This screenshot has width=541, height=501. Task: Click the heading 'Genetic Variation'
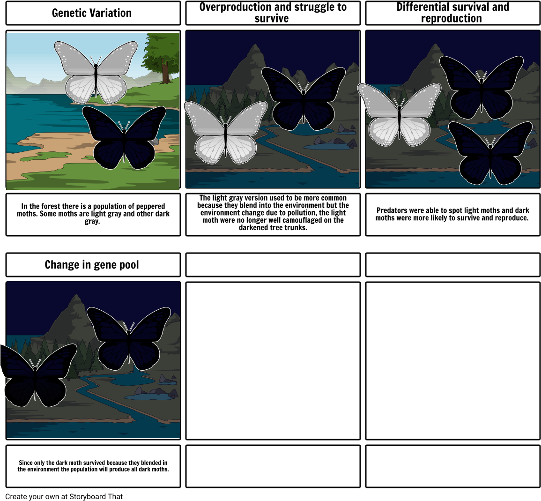click(92, 13)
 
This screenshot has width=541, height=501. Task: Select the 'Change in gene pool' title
click(92, 265)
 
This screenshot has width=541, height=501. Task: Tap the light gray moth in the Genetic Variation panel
click(96, 72)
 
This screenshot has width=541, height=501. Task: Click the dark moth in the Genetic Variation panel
click(124, 137)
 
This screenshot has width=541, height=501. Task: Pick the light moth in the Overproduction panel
click(226, 133)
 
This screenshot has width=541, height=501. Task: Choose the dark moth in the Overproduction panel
click(303, 98)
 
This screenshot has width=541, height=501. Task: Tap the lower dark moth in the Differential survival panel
click(490, 153)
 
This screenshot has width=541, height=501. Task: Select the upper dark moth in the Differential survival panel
click(482, 87)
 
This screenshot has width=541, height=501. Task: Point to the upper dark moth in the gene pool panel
click(129, 339)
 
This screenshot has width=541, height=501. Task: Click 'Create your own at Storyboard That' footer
click(64, 496)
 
